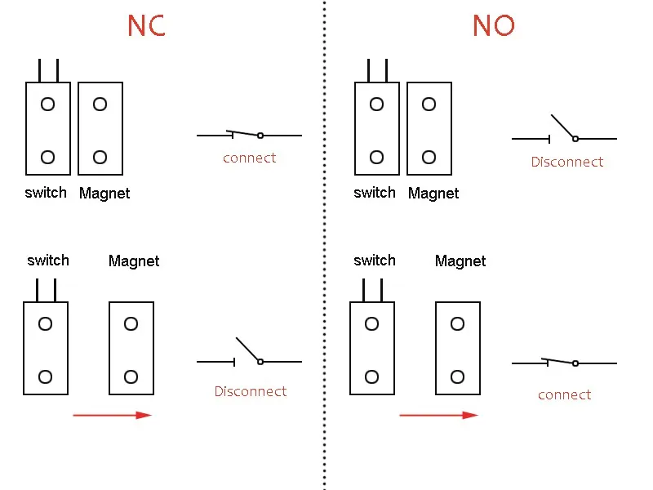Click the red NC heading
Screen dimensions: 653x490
coord(146,25)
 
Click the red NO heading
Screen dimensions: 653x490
coord(494,25)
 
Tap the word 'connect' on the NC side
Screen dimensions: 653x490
coord(249,158)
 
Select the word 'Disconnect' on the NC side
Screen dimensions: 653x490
coord(251,391)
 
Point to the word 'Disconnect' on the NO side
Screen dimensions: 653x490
coord(566,162)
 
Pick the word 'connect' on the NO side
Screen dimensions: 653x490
coord(564,394)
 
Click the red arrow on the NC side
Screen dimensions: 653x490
coord(113,415)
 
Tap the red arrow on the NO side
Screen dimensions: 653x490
coord(439,415)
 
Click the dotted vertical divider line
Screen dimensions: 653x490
coord(324,245)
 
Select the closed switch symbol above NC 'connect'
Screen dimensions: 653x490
coord(249,135)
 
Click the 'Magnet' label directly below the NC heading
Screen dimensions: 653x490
coord(104,194)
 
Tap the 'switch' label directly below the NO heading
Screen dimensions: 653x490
coord(375,193)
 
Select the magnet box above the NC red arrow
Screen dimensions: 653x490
coord(131,348)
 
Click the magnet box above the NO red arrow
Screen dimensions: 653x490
coord(458,348)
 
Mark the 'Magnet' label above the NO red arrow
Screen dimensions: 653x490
coord(460,261)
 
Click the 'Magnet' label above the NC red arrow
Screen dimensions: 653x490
coord(134,261)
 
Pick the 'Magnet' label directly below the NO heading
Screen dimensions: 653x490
coord(433,194)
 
